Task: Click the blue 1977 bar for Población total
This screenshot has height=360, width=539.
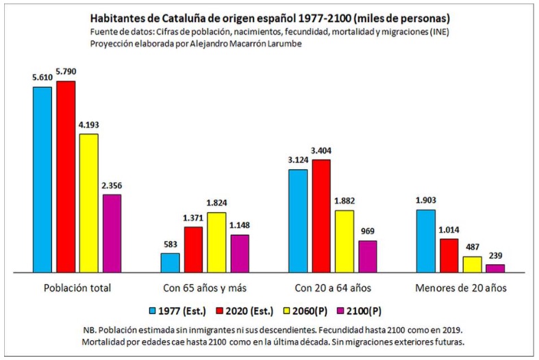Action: pyautogui.click(x=42, y=179)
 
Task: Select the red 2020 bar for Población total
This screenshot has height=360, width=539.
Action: pyautogui.click(x=66, y=177)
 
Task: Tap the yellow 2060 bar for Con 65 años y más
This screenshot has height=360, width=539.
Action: pyautogui.click(x=216, y=242)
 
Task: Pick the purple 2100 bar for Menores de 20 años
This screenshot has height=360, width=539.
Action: pyautogui.click(x=495, y=268)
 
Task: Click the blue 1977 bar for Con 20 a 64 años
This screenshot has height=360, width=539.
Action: pyautogui.click(x=298, y=220)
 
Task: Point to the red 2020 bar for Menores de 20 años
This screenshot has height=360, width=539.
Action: pyautogui.click(x=449, y=255)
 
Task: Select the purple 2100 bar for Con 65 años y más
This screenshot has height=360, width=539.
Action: pyautogui.click(x=240, y=253)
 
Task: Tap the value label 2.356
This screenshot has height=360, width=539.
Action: pyautogui.click(x=112, y=185)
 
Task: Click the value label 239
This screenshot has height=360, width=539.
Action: pyautogui.click(x=495, y=256)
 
